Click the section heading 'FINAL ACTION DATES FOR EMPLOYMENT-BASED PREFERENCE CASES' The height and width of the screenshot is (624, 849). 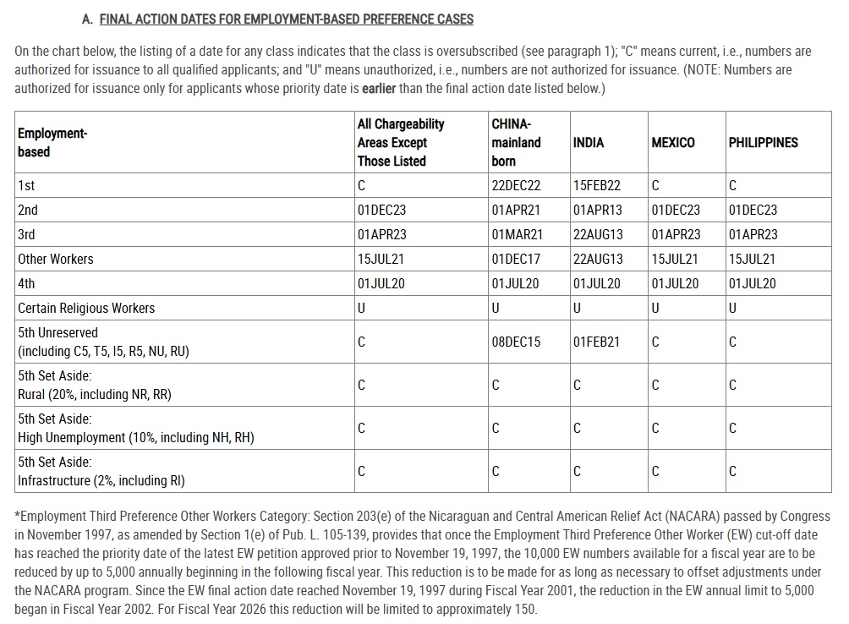(x=286, y=19)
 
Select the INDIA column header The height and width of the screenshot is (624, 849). (x=589, y=142)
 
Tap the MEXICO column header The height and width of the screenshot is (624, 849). (x=673, y=142)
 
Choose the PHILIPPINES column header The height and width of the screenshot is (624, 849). (x=763, y=142)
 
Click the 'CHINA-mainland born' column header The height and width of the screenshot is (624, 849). (x=516, y=142)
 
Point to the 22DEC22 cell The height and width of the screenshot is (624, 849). (x=516, y=185)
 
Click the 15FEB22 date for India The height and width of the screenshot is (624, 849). (x=596, y=185)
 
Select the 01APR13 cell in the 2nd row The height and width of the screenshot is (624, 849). (x=597, y=210)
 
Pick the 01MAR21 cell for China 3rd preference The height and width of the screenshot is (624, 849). (x=517, y=234)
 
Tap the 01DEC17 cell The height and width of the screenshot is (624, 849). (x=516, y=259)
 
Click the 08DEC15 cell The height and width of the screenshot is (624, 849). (x=516, y=342)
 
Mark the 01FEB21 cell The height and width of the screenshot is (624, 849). (x=596, y=342)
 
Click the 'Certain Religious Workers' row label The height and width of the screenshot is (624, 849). (x=86, y=308)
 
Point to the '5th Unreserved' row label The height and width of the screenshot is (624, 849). (x=58, y=332)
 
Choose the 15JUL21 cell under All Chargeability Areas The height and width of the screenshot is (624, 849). (x=381, y=259)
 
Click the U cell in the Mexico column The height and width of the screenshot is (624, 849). (x=655, y=308)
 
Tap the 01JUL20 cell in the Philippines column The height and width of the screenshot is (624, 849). (x=752, y=283)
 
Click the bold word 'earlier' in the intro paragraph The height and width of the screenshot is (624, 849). (x=379, y=88)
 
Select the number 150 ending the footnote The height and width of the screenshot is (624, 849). (x=524, y=609)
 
